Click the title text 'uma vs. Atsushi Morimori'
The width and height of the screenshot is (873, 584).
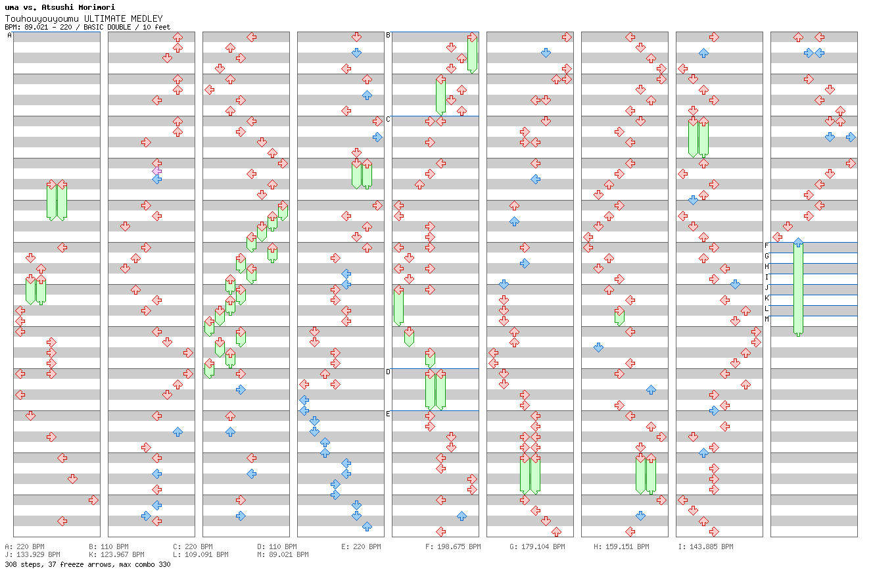(60, 7)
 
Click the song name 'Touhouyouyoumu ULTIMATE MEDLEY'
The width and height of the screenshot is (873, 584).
(83, 18)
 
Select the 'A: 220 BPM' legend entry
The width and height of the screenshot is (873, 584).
(24, 547)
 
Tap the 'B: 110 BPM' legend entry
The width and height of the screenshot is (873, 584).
(108, 547)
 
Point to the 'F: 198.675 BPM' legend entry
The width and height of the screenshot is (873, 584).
(453, 547)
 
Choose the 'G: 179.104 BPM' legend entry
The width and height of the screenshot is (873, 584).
(537, 547)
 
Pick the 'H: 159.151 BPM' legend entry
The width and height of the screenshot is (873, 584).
(621, 547)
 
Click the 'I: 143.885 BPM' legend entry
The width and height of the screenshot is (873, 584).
(705, 547)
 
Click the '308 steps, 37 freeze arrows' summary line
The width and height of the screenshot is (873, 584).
(87, 564)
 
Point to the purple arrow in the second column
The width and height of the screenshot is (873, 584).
(156, 171)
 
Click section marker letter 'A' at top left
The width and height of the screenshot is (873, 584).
(9, 36)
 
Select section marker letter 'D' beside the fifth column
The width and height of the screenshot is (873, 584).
(388, 372)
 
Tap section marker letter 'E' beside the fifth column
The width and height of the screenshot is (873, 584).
(388, 414)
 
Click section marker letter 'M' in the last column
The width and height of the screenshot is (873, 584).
(767, 319)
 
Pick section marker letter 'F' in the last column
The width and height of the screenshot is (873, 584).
(767, 245)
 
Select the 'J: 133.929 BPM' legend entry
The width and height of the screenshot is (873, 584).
(32, 554)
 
